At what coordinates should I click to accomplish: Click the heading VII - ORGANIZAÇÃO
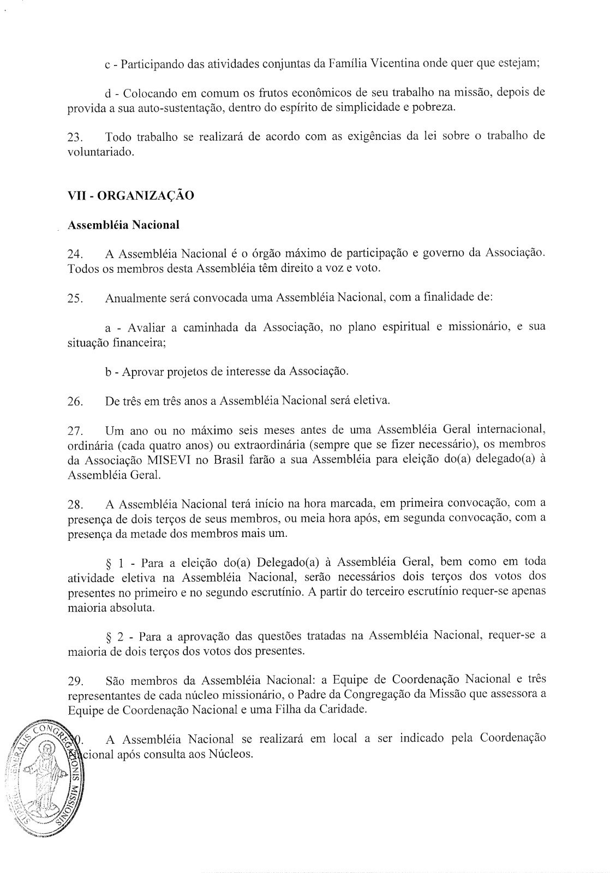(x=130, y=195)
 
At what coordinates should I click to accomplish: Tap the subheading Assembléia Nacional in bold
(x=123, y=224)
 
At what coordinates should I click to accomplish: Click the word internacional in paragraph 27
(x=509, y=432)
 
